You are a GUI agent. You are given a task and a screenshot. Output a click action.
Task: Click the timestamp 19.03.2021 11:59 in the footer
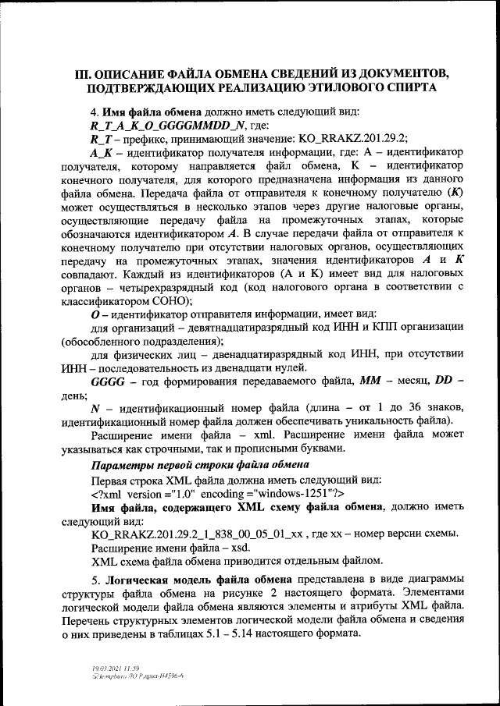(112, 669)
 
